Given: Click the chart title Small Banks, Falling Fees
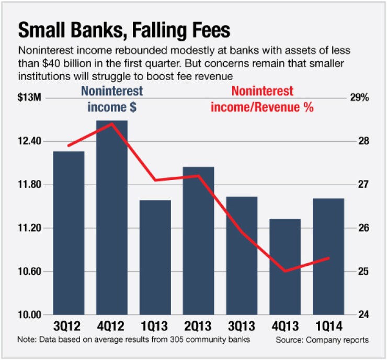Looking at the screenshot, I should click(124, 30).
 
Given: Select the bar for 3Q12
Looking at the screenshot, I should click(69, 232).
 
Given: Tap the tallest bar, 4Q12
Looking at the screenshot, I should click(112, 217).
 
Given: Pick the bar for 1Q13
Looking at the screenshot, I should click(155, 257).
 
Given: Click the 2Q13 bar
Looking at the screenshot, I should click(199, 240).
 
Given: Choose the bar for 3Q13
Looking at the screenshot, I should click(242, 255).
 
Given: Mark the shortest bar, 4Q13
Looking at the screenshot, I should click(286, 266).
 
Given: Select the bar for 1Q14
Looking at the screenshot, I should click(329, 256).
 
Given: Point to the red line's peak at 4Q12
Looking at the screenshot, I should click(112, 123).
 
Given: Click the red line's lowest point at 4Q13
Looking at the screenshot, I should click(286, 271).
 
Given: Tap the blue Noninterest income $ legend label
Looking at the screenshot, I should click(112, 99).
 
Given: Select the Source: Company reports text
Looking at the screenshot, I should click(322, 340).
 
